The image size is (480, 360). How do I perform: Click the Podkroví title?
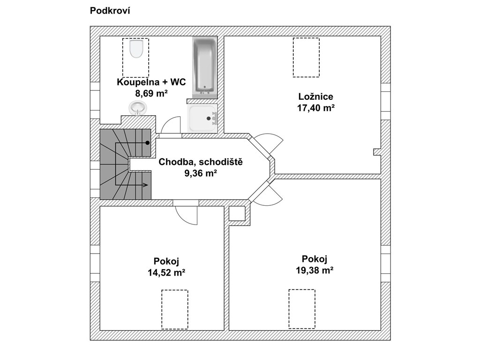click(110, 11)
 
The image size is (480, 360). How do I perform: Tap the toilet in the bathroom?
click(136, 49)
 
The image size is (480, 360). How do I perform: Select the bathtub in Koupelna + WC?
click(205, 66)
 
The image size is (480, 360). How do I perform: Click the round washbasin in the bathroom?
click(138, 108)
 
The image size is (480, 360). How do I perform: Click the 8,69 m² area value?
click(151, 93)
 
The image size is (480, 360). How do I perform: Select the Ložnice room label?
click(315, 97)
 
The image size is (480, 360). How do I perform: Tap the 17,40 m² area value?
click(315, 108)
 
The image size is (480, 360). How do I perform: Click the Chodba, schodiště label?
click(201, 162)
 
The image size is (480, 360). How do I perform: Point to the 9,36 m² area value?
click(201, 173)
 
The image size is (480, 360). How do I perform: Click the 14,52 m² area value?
click(166, 272)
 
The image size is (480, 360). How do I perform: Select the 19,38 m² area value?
click(315, 270)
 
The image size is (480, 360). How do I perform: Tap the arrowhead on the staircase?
click(146, 185)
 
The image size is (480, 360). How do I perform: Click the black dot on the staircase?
click(148, 142)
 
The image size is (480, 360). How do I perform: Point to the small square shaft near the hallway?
click(237, 213)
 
